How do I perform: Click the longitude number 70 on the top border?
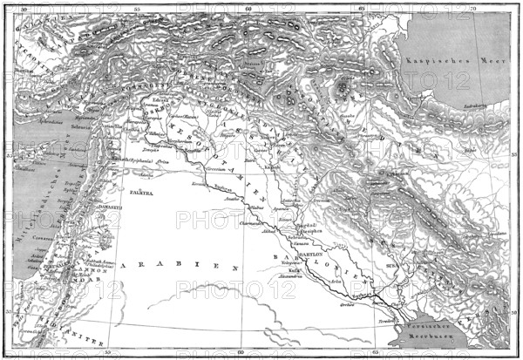click(x=472, y=9)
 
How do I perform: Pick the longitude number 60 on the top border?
click(x=248, y=9)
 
